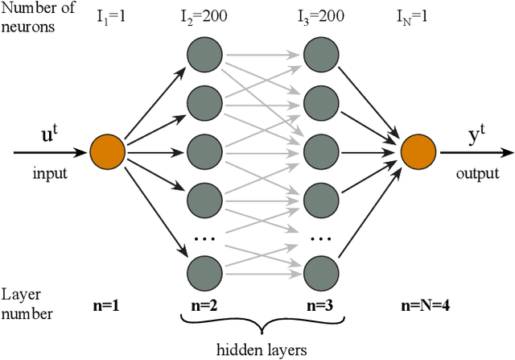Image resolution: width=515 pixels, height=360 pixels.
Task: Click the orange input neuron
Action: coord(107,151)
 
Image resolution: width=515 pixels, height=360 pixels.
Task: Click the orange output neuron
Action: coord(417,151)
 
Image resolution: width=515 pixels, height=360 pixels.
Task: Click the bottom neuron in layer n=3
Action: coord(321,269)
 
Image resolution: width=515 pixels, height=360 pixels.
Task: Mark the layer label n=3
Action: coord(321,305)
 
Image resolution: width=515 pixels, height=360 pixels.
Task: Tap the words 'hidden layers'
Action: coord(263,349)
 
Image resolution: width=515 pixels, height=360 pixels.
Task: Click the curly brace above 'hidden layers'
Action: coord(262,326)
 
